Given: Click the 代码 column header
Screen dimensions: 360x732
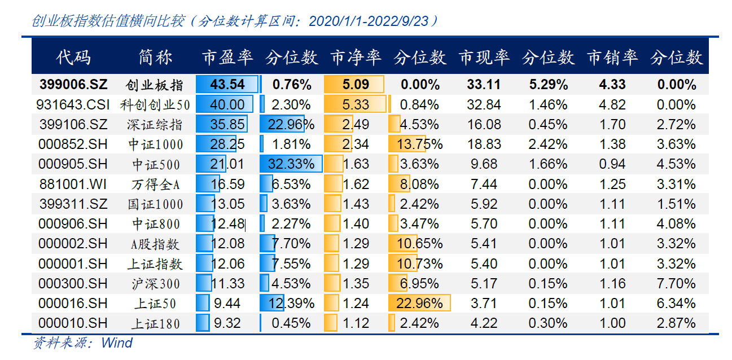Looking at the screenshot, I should [x=73, y=57].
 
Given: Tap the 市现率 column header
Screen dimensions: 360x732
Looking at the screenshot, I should [x=484, y=57].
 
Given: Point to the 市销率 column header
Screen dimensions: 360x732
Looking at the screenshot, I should [x=612, y=57].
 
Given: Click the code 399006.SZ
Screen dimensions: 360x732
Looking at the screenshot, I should [x=73, y=85].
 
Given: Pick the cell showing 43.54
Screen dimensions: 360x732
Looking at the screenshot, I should [x=227, y=85].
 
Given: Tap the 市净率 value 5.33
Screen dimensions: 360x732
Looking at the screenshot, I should [x=356, y=104].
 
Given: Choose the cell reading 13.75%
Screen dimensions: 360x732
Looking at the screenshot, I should [x=419, y=144].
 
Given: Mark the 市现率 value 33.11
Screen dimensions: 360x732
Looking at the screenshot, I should [x=484, y=85].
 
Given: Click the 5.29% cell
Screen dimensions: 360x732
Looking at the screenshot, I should [x=548, y=85].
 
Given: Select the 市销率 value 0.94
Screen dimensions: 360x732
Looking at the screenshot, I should [x=612, y=164].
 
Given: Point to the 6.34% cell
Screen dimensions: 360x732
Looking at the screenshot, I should [x=676, y=304].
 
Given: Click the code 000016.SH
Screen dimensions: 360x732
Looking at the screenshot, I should [x=73, y=304].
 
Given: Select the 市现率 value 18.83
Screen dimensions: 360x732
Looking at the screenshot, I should [x=484, y=144].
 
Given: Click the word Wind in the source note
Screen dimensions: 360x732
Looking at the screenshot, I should [x=117, y=343].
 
